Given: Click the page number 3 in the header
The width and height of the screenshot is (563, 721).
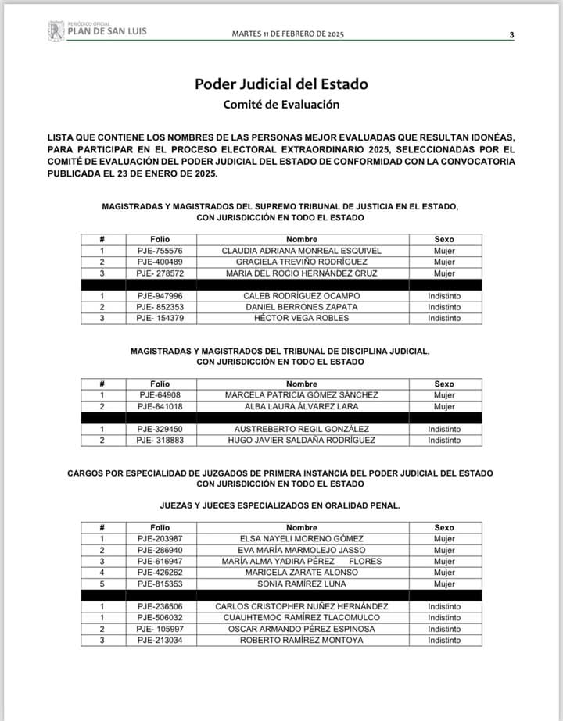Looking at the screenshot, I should tap(511, 34).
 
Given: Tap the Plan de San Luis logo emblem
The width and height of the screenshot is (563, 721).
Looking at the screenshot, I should tap(56, 30).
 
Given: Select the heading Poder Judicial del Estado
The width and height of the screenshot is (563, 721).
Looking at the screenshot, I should tap(281, 84).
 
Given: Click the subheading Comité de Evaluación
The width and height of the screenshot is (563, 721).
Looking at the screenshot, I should tap(281, 104).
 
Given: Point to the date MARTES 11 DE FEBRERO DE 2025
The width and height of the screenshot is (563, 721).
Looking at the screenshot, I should tap(289, 34).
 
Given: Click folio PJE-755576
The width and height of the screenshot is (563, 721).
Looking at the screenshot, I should tap(160, 251).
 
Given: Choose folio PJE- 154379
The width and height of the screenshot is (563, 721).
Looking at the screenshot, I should tap(160, 318).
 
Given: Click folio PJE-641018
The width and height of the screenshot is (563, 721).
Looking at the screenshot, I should tap(160, 407).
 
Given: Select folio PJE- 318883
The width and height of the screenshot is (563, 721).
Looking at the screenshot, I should tap(160, 441).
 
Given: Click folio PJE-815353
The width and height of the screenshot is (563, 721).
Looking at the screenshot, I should tap(160, 584).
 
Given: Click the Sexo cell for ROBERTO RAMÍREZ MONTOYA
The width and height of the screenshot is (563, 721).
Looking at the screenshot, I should tap(444, 641).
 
